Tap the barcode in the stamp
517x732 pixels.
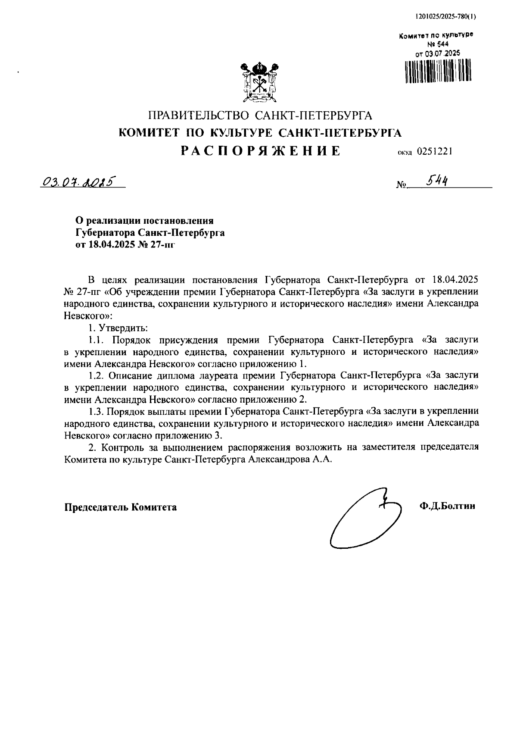(x=438, y=71)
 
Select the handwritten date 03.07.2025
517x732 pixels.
(x=79, y=182)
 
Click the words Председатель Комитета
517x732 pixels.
(x=121, y=507)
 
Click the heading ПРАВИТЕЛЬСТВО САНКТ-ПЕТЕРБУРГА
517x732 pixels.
(x=260, y=116)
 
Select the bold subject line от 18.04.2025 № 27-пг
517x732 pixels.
(x=126, y=245)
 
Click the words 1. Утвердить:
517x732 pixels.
(x=118, y=328)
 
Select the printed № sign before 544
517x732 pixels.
(x=401, y=185)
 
